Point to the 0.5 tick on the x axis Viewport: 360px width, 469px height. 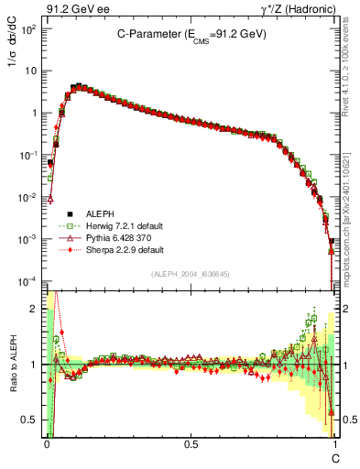pyautogui.click(x=191, y=442)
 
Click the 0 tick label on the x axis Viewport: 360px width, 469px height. pyautogui.click(x=47, y=442)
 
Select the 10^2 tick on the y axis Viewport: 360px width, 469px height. pyautogui.click(x=30, y=28)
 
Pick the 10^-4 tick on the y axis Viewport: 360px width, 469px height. pyautogui.click(x=28, y=280)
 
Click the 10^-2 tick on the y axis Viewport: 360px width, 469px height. pyautogui.click(x=28, y=197)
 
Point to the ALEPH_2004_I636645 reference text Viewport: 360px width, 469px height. pyautogui.click(x=191, y=274)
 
